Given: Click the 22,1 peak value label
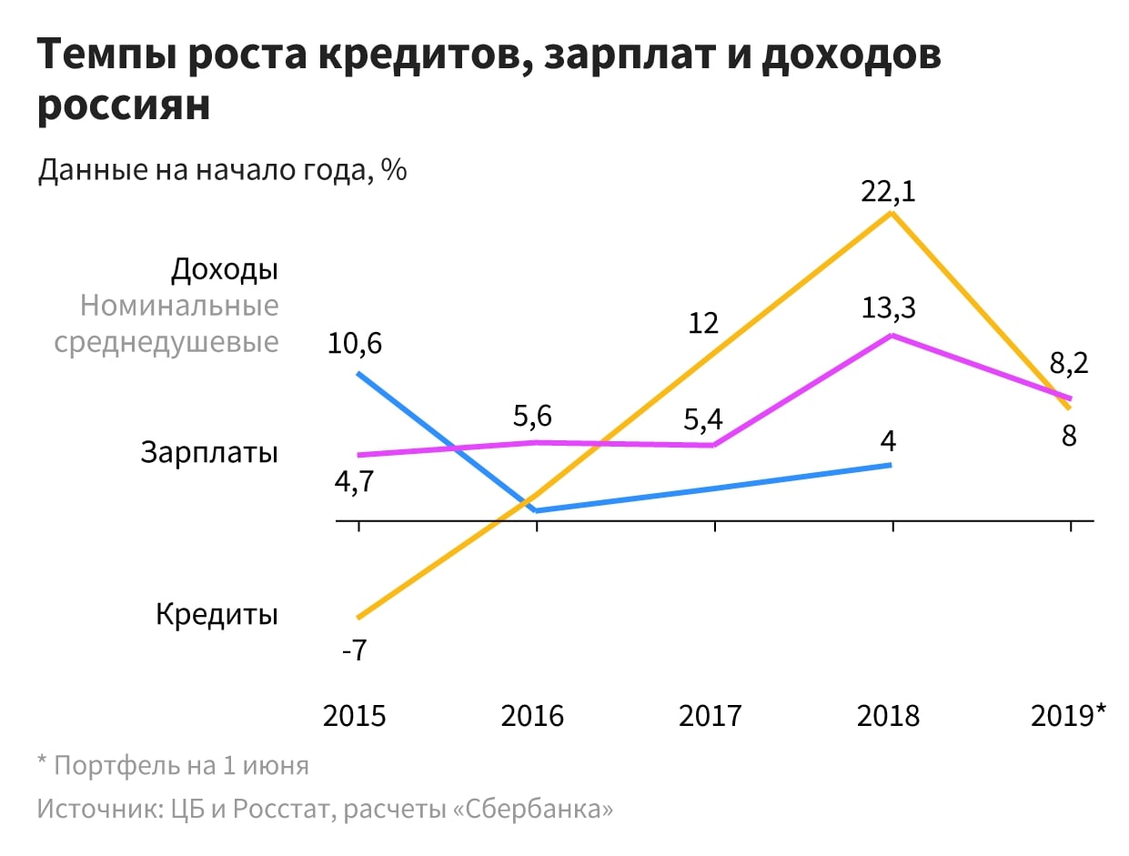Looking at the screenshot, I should [x=889, y=193].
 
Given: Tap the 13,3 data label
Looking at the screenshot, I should [x=889, y=308].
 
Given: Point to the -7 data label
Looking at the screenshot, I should [x=353, y=651].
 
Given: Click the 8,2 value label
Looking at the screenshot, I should [x=1069, y=364].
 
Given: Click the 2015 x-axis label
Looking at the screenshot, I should [x=355, y=715].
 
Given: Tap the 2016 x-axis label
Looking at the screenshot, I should [x=533, y=715].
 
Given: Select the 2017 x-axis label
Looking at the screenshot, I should [x=711, y=715].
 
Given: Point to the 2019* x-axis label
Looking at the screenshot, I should [x=1069, y=715].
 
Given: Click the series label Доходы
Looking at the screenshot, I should [x=225, y=269].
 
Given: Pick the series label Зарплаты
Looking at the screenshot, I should [x=209, y=452].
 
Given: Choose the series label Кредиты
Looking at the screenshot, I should [x=217, y=614].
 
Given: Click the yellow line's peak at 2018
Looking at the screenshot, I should [x=892, y=213].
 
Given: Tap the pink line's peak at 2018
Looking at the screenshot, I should [x=892, y=335].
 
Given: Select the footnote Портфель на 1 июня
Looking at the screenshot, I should [x=181, y=765].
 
